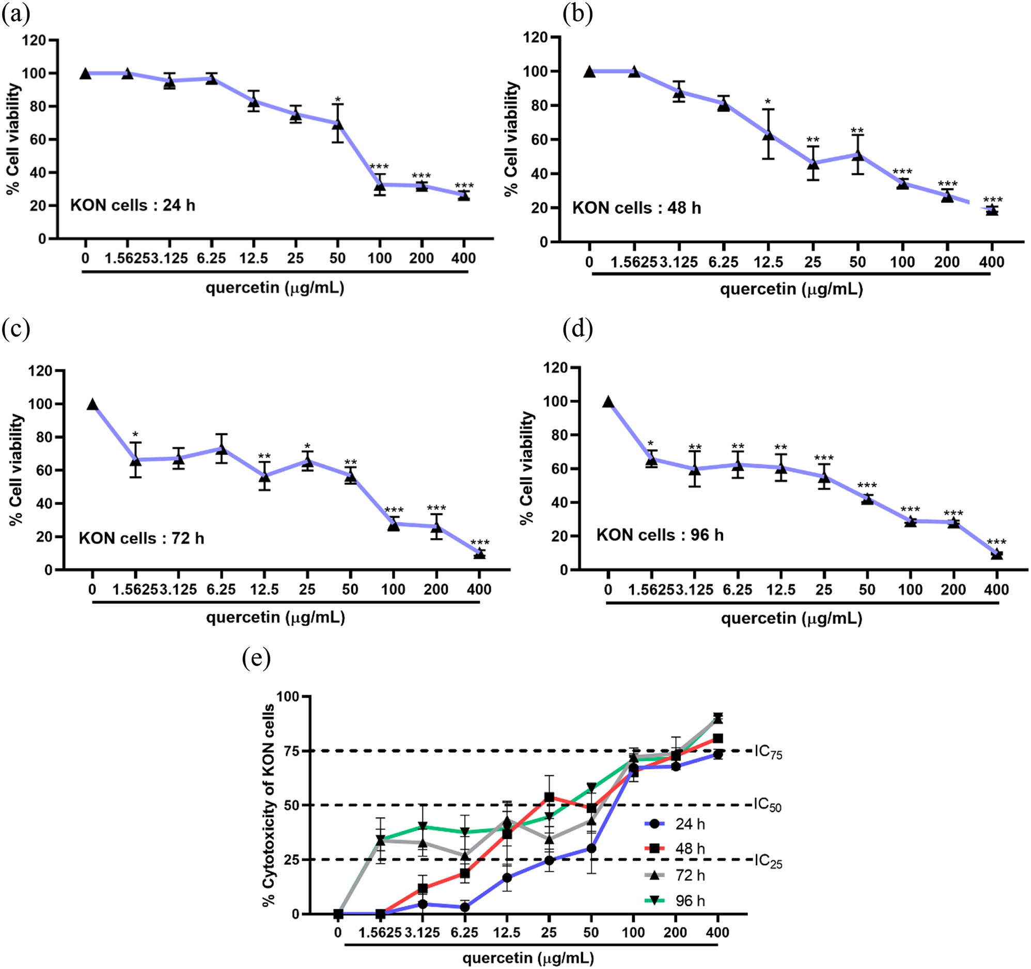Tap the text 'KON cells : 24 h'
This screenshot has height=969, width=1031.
133,206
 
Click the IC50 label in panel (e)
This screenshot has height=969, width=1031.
768,805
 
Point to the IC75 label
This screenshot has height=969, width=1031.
768,752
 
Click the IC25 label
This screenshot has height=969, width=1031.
768,861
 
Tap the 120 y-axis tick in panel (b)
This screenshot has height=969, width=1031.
535,37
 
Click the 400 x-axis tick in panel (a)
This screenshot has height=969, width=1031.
463,258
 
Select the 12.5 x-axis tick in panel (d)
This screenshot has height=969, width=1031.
780,590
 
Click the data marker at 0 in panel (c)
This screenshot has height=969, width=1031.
92,404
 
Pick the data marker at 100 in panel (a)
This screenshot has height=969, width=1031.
380,185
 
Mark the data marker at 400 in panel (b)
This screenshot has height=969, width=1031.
992,210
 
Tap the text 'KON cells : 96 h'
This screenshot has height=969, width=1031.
660,535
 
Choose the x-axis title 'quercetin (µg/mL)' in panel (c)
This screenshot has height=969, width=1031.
275,617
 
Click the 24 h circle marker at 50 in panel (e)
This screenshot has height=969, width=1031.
591,849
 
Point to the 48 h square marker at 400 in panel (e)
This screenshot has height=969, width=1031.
718,739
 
